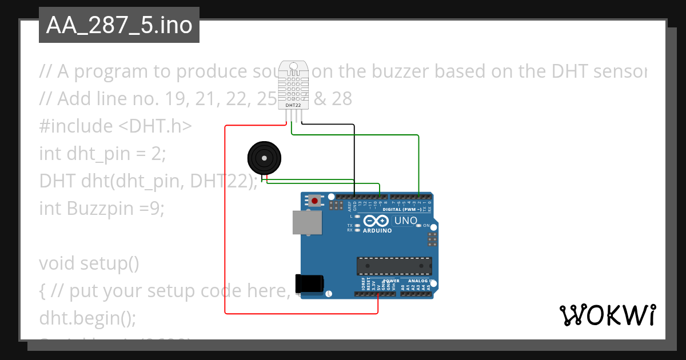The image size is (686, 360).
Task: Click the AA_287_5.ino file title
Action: (x=119, y=25)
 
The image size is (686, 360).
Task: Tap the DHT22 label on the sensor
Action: (x=293, y=105)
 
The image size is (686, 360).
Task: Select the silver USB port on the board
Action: (x=308, y=222)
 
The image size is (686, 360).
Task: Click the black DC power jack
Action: (x=309, y=283)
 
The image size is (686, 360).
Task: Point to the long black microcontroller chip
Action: (x=394, y=266)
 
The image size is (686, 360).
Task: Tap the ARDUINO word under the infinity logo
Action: (x=377, y=231)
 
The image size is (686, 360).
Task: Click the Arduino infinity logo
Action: (x=376, y=221)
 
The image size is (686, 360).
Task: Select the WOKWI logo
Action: (x=607, y=315)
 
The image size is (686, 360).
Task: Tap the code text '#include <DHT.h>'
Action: (x=115, y=126)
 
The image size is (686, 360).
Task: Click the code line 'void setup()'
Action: (x=89, y=263)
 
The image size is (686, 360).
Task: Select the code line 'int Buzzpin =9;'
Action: (x=102, y=209)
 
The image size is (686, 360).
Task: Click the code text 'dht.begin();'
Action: (x=87, y=318)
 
